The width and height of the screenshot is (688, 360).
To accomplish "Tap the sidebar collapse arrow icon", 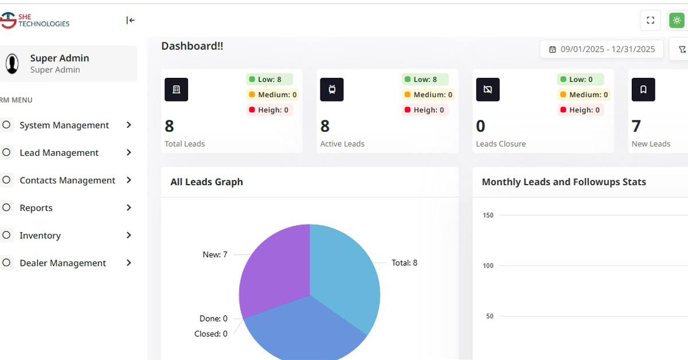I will pyautogui.click(x=130, y=21).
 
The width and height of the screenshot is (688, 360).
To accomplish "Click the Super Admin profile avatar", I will pyautogui.click(x=12, y=64).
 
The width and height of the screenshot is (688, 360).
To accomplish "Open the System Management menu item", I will pyautogui.click(x=64, y=125).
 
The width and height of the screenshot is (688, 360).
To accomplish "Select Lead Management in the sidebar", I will pyautogui.click(x=59, y=152).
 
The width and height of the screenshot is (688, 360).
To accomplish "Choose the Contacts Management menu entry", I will pyautogui.click(x=67, y=180).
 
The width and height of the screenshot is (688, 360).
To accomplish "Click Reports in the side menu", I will pyautogui.click(x=36, y=208).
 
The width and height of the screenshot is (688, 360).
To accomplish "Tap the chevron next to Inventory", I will pyautogui.click(x=129, y=235).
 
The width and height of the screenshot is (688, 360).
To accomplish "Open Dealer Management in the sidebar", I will pyautogui.click(x=62, y=263).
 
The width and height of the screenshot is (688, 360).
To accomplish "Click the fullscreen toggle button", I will pyautogui.click(x=650, y=21).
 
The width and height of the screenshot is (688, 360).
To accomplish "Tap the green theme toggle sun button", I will pyautogui.click(x=677, y=21).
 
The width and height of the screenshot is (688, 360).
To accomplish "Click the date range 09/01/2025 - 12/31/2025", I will pyautogui.click(x=601, y=49).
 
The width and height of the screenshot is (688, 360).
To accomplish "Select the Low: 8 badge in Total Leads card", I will pyautogui.click(x=269, y=80).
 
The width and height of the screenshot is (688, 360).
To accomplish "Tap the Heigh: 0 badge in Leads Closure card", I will pyautogui.click(x=580, y=110).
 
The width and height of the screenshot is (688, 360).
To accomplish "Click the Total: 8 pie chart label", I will pyautogui.click(x=404, y=263).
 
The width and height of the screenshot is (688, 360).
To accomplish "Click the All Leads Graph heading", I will pyautogui.click(x=206, y=182).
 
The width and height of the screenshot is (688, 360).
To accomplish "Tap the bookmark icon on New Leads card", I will pyautogui.click(x=643, y=89).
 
